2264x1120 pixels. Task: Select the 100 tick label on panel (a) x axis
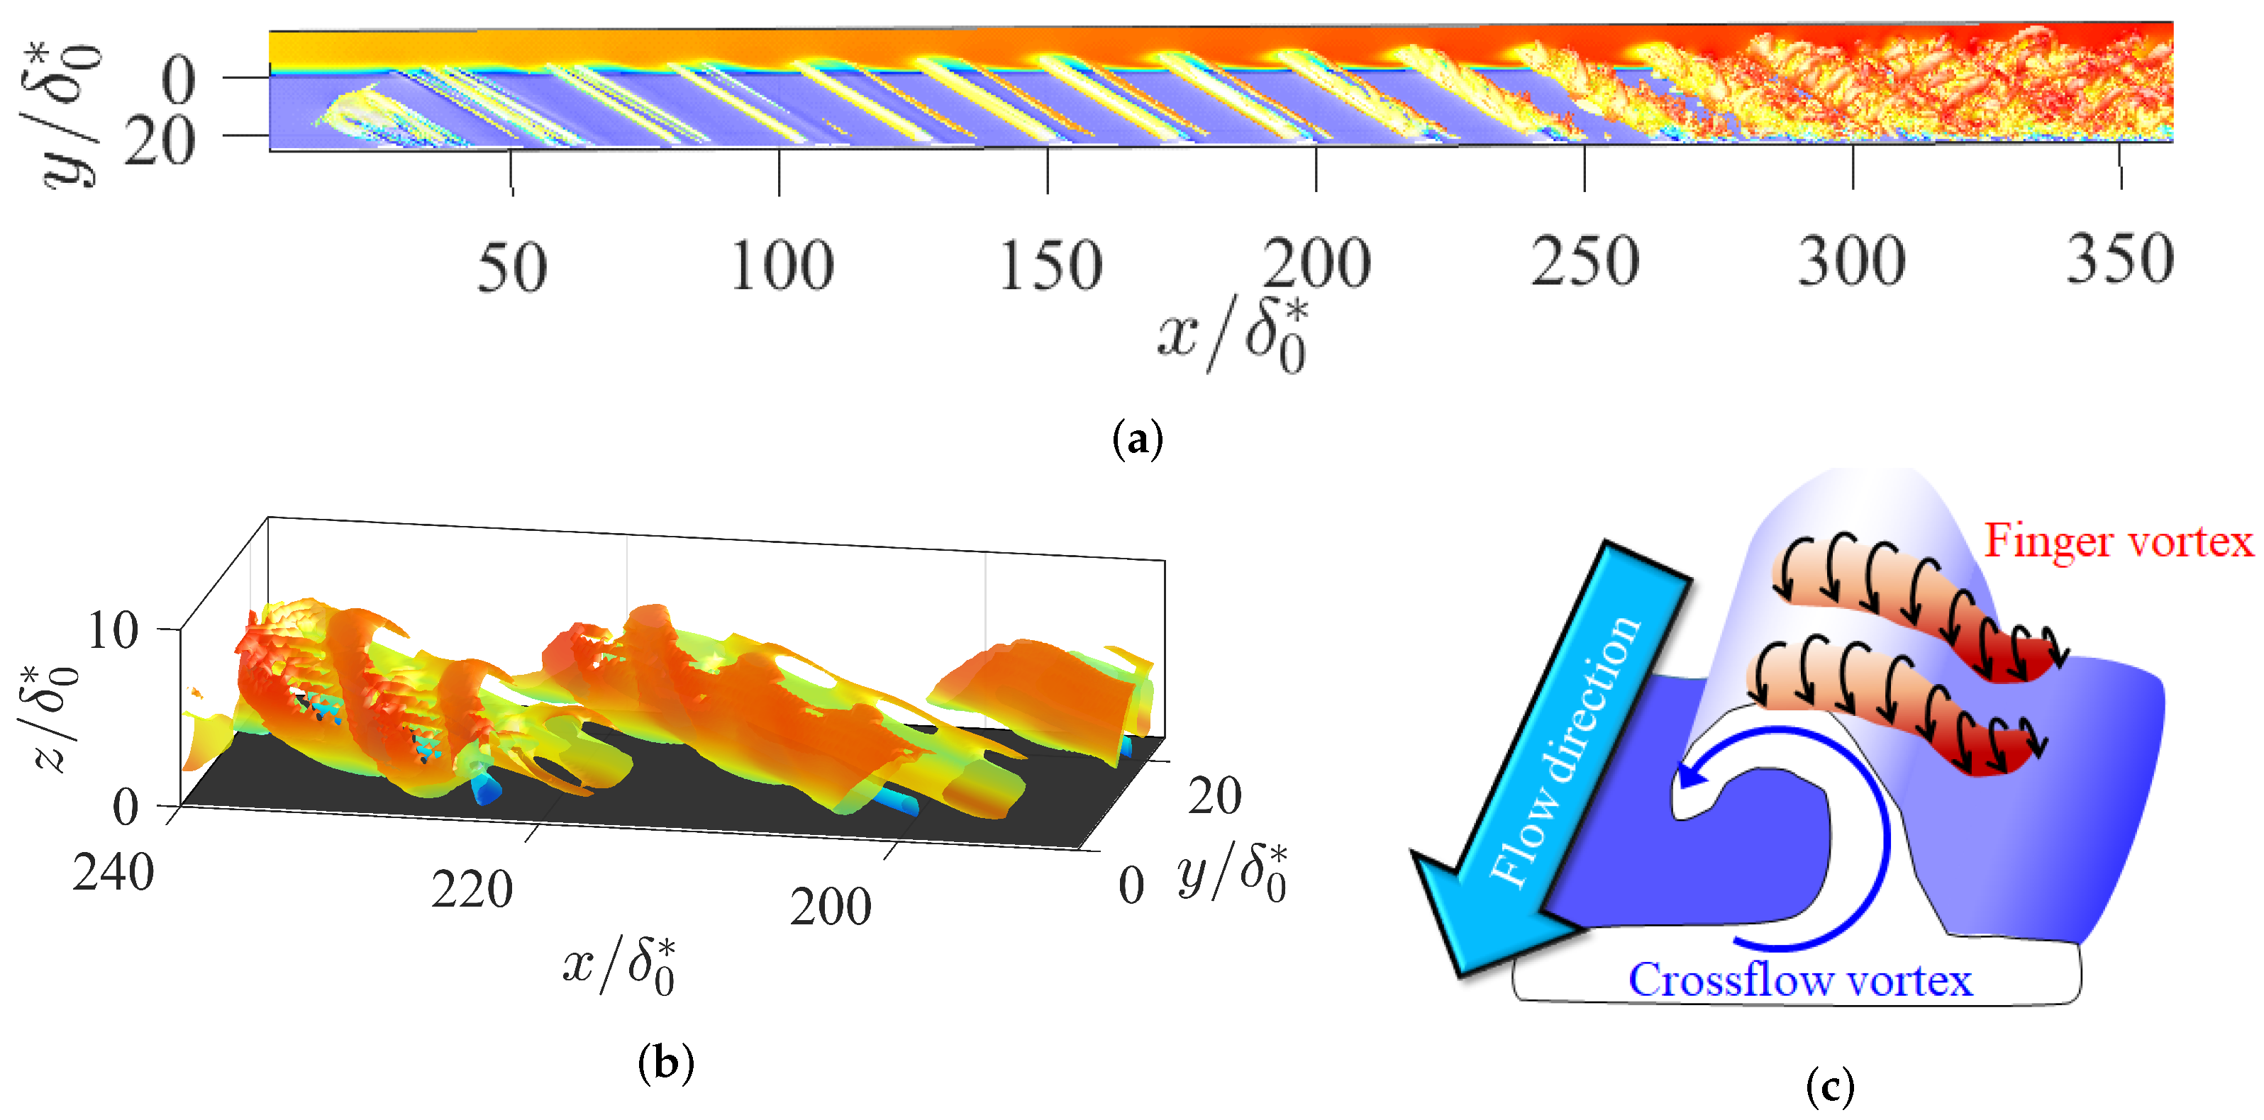tap(782, 265)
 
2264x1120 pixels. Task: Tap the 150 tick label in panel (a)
tap(1050, 265)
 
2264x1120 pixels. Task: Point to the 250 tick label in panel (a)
tap(1585, 262)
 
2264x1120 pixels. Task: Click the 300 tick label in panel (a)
tap(1852, 262)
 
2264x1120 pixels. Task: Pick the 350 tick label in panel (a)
tap(2120, 260)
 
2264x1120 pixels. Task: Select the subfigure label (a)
tap(1137, 438)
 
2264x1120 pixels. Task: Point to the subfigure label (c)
tap(1830, 1087)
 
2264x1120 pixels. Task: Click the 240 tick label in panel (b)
tap(113, 873)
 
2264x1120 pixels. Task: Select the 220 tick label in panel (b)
tap(472, 890)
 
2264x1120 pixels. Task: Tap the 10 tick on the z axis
tap(113, 631)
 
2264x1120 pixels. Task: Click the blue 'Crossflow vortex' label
tap(1800, 980)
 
